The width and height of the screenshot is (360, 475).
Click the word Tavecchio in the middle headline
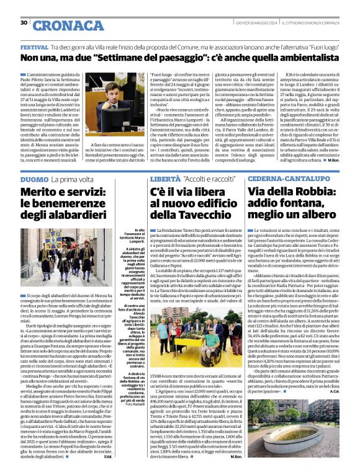203,216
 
